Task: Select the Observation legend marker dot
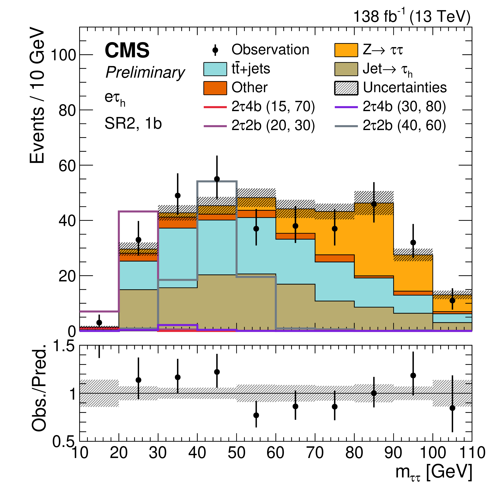click(215, 50)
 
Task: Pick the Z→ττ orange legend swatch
click(346, 50)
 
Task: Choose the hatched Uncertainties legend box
click(346, 88)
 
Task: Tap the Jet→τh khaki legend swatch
click(346, 69)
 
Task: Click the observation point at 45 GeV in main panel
click(217, 179)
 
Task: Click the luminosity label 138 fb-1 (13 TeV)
click(412, 17)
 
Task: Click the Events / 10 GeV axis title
click(37, 95)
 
